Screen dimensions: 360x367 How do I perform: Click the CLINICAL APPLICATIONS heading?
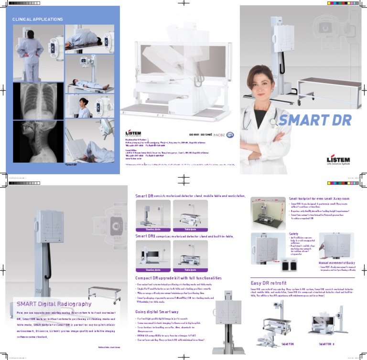[x=37, y=20]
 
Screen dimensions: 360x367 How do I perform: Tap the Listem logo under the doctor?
[x=338, y=160]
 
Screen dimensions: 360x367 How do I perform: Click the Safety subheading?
[x=293, y=233]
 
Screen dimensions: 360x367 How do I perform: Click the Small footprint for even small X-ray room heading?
[x=319, y=198]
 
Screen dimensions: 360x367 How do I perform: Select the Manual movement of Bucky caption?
[x=336, y=263]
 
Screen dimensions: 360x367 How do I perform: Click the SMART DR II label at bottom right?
[x=326, y=343]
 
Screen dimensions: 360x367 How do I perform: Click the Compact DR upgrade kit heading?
[x=178, y=277]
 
